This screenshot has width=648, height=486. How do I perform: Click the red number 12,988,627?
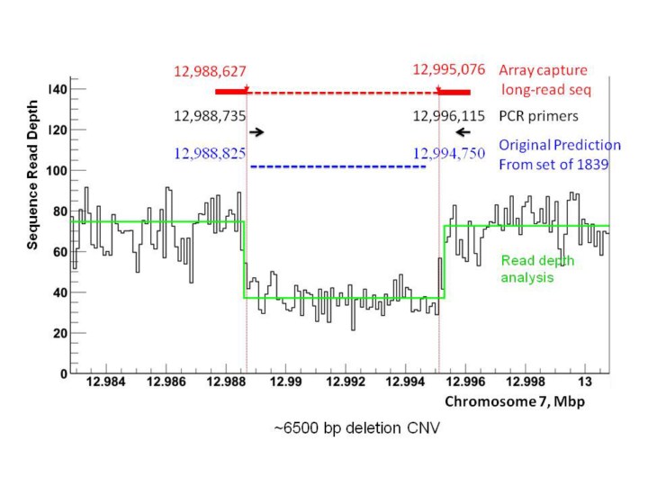tap(209, 71)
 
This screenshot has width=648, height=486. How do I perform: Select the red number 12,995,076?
tap(448, 70)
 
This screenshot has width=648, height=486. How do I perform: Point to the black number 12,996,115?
tap(448, 116)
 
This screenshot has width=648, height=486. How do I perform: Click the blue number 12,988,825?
tap(209, 153)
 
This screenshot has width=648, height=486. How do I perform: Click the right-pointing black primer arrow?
tap(257, 132)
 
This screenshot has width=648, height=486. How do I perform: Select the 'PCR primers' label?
tap(538, 116)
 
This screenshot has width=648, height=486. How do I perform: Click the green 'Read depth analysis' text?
tap(538, 269)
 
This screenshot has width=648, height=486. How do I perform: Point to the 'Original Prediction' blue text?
tap(560, 145)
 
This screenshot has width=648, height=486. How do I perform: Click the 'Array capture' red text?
tap(544, 70)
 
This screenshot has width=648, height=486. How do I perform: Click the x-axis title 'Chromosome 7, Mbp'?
tap(514, 400)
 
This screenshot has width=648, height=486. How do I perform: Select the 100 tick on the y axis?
tap(58, 170)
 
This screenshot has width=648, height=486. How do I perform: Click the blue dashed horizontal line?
tap(337, 166)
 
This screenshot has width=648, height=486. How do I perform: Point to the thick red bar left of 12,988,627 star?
tap(230, 92)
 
